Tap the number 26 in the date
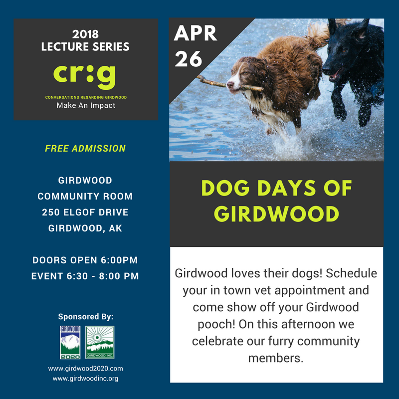coord(189,59)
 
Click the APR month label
coord(196,33)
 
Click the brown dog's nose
coord(230,84)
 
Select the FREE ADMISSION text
coord(85,148)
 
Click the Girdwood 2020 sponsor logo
coord(70,342)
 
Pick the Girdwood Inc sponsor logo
coord(100,342)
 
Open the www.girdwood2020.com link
coord(85,369)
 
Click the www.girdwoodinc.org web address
coord(85,379)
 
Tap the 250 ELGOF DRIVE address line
coord(85,212)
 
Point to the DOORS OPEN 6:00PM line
coord(85,260)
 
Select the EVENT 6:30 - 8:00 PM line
coord(85,276)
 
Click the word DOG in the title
coord(225,188)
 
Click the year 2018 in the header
coord(85,34)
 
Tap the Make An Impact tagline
coord(86,105)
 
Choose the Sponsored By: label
coord(86,317)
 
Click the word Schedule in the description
coord(352,273)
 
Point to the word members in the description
coord(276,358)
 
